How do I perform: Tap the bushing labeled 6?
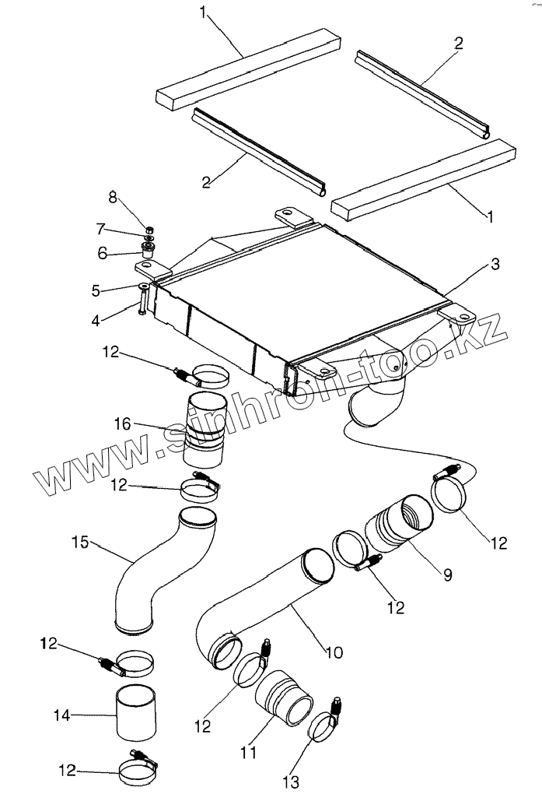pos(146,251)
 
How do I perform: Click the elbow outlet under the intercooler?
pos(379,401)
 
